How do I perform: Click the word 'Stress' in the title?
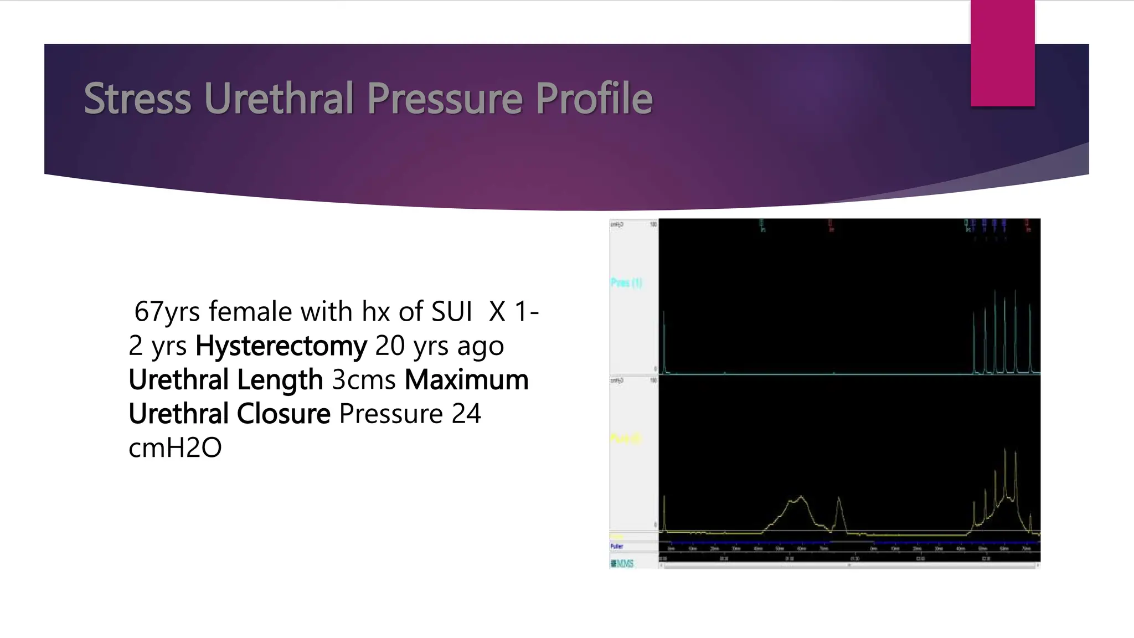click(x=137, y=99)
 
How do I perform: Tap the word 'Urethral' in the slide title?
click(x=279, y=99)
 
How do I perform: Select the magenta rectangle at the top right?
click(x=1002, y=53)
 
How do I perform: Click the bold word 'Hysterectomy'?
click(x=281, y=346)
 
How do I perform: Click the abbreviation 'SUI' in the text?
click(x=451, y=312)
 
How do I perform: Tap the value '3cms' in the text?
click(x=364, y=380)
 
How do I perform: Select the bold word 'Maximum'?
click(x=466, y=380)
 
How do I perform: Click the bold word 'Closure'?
click(x=284, y=414)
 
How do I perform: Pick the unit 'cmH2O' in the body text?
click(x=175, y=448)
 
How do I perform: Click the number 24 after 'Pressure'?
click(x=466, y=414)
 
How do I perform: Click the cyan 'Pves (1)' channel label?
click(x=626, y=283)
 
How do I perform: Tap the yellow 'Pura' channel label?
click(x=626, y=439)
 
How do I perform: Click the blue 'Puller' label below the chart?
click(x=617, y=547)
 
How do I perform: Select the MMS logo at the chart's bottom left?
click(x=622, y=564)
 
